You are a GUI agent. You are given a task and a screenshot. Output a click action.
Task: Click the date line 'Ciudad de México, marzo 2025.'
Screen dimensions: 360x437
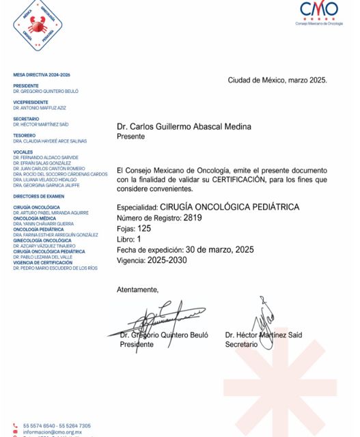coord(277,80)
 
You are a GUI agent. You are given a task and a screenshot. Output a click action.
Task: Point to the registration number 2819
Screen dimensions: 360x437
coord(193,218)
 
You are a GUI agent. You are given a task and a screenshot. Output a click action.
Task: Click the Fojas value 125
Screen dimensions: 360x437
coord(144,229)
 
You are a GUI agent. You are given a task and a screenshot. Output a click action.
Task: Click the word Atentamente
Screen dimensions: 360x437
coord(137,290)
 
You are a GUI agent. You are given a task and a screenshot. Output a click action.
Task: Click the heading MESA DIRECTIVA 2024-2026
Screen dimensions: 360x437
coord(42,74)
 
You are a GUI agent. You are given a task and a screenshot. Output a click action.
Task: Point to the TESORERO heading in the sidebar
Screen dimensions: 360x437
coord(24,135)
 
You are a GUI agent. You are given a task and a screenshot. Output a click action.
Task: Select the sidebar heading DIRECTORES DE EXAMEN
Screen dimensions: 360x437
coord(39,195)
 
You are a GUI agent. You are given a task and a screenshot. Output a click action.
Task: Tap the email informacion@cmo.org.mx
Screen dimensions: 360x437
coord(53,432)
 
